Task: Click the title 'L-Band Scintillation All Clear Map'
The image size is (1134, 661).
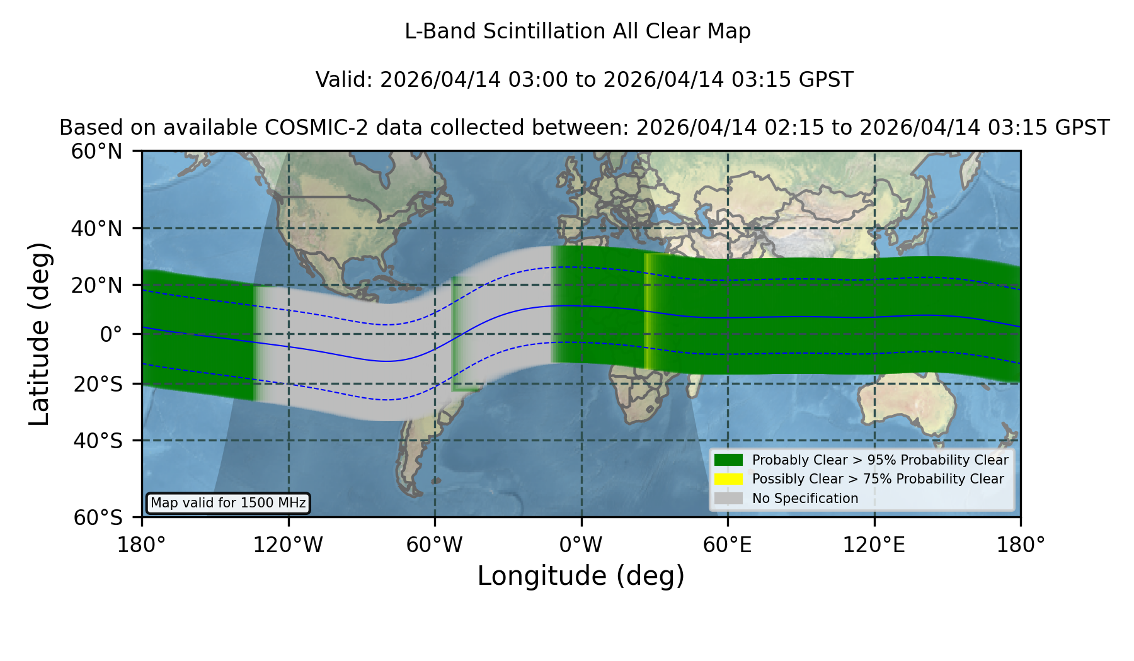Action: click(578, 31)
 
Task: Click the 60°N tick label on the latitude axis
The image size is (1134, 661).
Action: click(97, 151)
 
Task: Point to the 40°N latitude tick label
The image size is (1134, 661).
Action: click(97, 229)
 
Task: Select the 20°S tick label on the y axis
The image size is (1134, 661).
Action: click(98, 384)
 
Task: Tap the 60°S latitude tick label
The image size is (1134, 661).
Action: click(98, 517)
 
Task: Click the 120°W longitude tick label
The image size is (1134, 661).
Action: click(288, 545)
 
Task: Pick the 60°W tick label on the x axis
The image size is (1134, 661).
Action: click(435, 545)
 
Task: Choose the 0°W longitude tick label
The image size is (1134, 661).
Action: click(581, 545)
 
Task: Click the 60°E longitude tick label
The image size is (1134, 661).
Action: click(728, 545)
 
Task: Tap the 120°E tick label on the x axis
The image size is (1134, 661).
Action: click(874, 545)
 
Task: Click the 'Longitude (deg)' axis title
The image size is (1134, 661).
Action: click(581, 577)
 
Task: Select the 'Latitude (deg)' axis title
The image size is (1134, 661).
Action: click(39, 334)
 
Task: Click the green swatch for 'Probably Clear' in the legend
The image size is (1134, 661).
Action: click(729, 460)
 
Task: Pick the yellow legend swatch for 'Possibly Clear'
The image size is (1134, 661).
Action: click(729, 479)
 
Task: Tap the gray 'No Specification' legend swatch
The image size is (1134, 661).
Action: click(729, 499)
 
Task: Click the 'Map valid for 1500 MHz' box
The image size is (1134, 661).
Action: click(228, 503)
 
